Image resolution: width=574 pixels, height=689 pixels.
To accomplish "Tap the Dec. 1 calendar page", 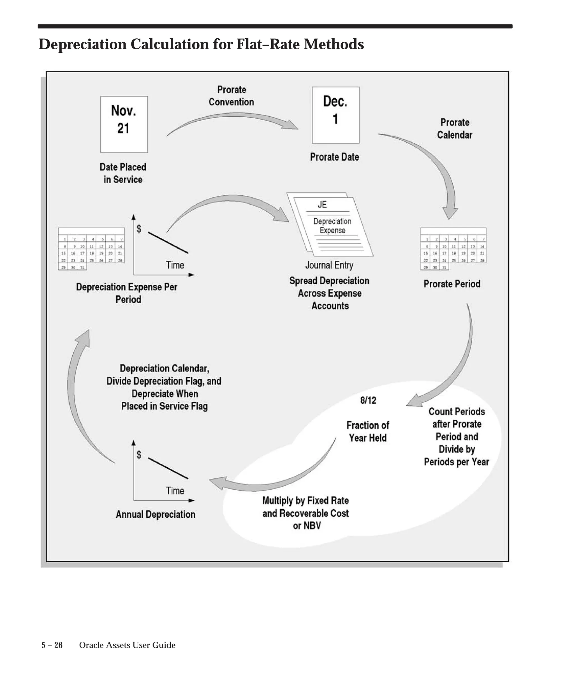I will [x=335, y=115].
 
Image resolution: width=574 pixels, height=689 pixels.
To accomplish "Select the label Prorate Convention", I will [x=231, y=96].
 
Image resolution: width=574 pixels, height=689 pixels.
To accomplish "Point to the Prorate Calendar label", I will [x=455, y=129].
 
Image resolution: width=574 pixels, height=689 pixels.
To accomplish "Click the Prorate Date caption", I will [x=334, y=157].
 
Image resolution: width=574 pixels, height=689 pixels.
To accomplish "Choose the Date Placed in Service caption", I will [x=123, y=173].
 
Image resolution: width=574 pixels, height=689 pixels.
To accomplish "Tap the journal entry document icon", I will [x=330, y=225].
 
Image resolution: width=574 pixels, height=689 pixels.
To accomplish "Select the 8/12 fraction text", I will [x=368, y=400].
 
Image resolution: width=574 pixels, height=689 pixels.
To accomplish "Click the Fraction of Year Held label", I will [x=368, y=431].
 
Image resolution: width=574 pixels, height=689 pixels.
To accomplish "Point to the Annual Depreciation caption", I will [x=156, y=514].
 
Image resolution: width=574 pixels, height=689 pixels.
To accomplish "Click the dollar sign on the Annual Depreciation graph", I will [x=139, y=454].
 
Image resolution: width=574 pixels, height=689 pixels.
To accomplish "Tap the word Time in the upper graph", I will [x=175, y=265].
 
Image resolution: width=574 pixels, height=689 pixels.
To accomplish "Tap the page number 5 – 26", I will [x=52, y=645].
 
